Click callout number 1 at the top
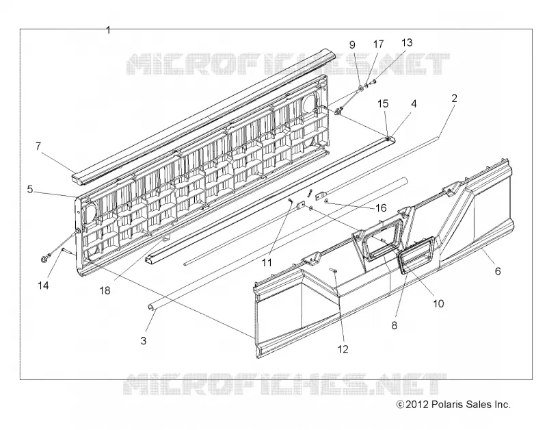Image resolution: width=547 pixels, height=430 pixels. pos(108,30)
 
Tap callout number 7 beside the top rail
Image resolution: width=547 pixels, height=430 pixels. pos(38,146)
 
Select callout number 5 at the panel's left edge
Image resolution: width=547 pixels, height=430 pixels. pos(30,190)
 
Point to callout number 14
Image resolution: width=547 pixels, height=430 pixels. pos(43,286)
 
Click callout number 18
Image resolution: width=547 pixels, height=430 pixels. pos(105,290)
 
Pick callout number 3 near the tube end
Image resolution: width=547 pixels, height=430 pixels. pos(144,340)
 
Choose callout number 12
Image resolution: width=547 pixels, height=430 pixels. pos(343,349)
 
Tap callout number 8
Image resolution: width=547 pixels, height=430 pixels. pos(395,325)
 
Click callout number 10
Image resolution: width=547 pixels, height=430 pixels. pos(438,303)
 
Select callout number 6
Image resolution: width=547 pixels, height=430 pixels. pos(498,270)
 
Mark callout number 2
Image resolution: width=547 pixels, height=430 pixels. pos(454,98)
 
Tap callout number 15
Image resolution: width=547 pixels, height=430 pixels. pos(383,103)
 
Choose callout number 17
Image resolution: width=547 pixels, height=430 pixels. pos(378,44)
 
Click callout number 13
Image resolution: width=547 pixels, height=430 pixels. pos(407,42)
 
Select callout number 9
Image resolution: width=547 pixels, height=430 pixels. pos(352,45)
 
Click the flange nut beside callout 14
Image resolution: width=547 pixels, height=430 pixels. pos(44,259)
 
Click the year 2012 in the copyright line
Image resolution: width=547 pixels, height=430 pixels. pos(417,405)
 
